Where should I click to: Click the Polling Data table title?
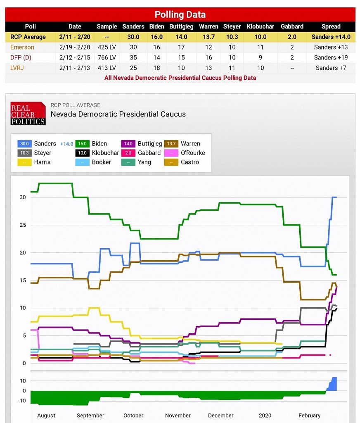[x=180, y=15]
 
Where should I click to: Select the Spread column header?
[x=331, y=26]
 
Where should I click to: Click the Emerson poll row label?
[x=22, y=47]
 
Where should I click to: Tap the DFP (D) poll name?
[x=21, y=57]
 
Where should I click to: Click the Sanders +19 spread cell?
[x=331, y=57]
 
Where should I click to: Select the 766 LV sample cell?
[x=107, y=57]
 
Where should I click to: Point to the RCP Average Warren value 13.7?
[x=208, y=37]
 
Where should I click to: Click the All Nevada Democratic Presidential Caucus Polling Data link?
[x=180, y=78]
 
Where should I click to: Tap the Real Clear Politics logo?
[x=28, y=114]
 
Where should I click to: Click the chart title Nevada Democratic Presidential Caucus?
[x=118, y=114]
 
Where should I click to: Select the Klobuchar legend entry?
[x=105, y=153]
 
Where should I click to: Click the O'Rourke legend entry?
[x=192, y=153]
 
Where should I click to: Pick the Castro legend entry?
[x=189, y=162]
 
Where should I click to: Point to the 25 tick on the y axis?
[x=22, y=225]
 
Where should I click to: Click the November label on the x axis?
[x=178, y=416]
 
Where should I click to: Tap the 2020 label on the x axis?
[x=265, y=416]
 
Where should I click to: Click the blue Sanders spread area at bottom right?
[x=333, y=385]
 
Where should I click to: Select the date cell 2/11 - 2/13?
[x=75, y=68]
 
